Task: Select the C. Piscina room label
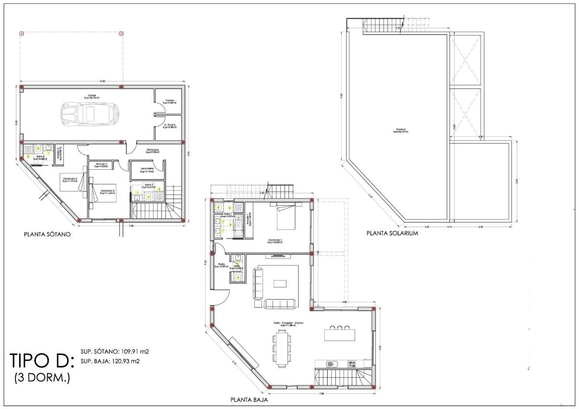coord(168,126)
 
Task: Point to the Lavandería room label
coord(147,169)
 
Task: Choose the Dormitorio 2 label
coord(107,191)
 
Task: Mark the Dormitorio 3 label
coord(70,179)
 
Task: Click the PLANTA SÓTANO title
coord(48,235)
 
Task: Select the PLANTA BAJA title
coord(248,400)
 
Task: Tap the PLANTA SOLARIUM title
coord(392,233)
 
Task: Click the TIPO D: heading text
coord(41,361)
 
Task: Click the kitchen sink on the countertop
coord(332,363)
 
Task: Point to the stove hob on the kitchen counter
coord(352,363)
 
